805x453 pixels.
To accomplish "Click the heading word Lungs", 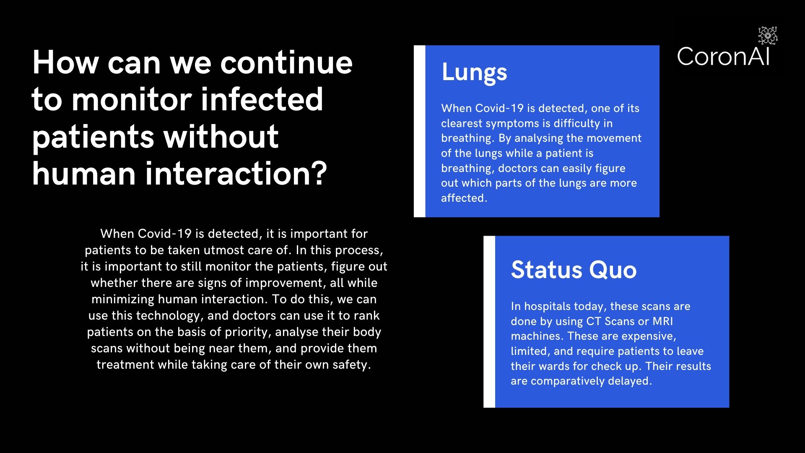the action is pyautogui.click(x=474, y=73).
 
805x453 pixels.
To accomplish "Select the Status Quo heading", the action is pyautogui.click(x=574, y=270).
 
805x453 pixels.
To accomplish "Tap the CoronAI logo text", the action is pyautogui.click(x=723, y=56).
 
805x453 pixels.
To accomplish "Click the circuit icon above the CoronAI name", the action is pyautogui.click(x=768, y=36).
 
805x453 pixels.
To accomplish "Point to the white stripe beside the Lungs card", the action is pyautogui.click(x=419, y=131).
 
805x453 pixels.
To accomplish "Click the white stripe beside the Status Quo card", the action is pyautogui.click(x=489, y=322).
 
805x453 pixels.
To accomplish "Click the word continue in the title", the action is pyautogui.click(x=286, y=63).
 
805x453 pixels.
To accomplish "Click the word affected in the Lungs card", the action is pyautogui.click(x=464, y=198).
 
